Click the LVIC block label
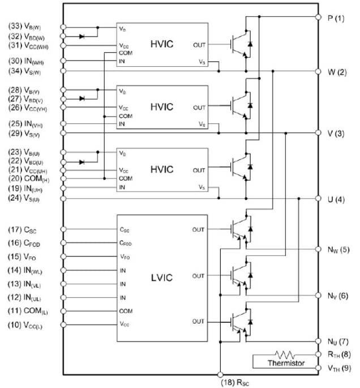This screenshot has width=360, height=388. click(x=162, y=278)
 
